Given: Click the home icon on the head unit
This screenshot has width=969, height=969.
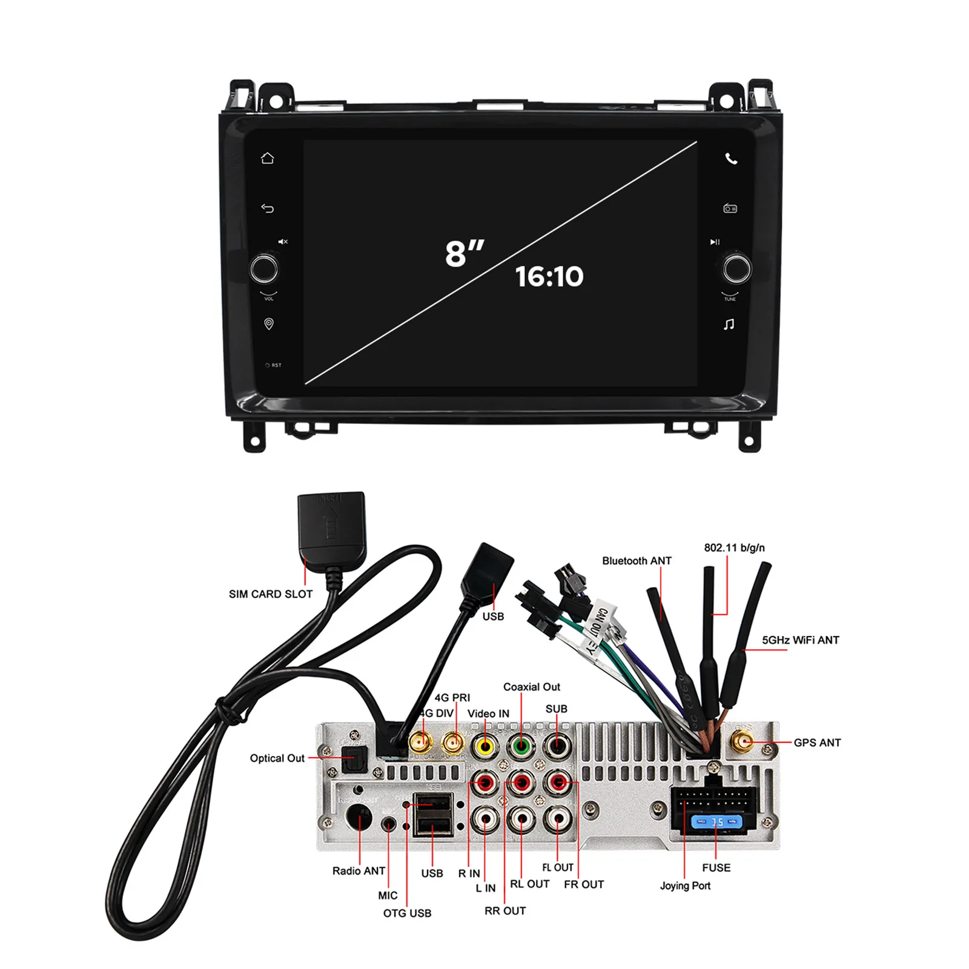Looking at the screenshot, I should pyautogui.click(x=267, y=159).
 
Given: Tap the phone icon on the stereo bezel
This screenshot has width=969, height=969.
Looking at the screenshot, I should pyautogui.click(x=731, y=159).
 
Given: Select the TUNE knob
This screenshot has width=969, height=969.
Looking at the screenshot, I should pyautogui.click(x=736, y=269).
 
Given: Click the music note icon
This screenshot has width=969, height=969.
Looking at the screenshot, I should pyautogui.click(x=729, y=325).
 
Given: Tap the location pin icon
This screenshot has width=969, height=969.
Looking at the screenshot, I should pyautogui.click(x=269, y=324).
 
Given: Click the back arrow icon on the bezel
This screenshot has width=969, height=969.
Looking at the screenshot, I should pyautogui.click(x=267, y=208).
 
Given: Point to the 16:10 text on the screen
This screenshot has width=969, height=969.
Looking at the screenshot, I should pyautogui.click(x=549, y=277).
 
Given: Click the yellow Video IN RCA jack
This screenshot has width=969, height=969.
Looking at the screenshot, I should pyautogui.click(x=485, y=746).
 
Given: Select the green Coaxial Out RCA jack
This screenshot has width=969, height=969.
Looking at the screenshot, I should pyautogui.click(x=521, y=746).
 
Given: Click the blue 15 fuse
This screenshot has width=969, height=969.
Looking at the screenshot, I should pyautogui.click(x=717, y=822).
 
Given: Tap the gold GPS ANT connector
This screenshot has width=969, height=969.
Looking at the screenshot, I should pyautogui.click(x=743, y=740).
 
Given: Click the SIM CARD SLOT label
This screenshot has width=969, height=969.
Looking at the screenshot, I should pyautogui.click(x=270, y=594).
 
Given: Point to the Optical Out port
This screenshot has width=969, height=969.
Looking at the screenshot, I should pyautogui.click(x=354, y=759).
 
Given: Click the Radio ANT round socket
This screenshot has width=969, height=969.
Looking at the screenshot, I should pyautogui.click(x=359, y=819).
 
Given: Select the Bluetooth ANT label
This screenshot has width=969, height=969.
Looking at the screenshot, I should pyautogui.click(x=637, y=561).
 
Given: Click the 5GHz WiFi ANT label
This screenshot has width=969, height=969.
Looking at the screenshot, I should pyautogui.click(x=800, y=640).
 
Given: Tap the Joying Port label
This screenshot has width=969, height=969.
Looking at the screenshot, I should pyautogui.click(x=685, y=885).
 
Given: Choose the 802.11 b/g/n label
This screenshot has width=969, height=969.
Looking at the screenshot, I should pyautogui.click(x=734, y=547).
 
